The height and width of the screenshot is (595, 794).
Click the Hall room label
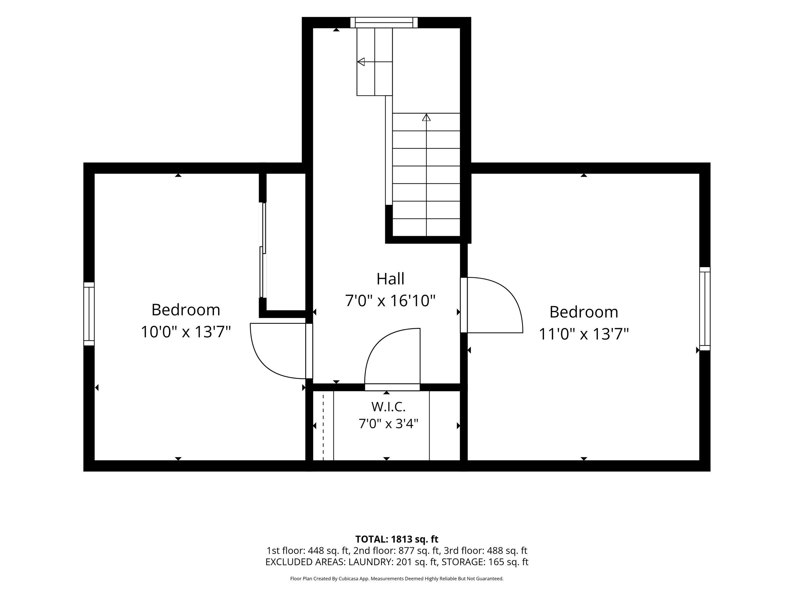click(x=390, y=279)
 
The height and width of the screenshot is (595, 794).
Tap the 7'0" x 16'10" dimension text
click(x=390, y=301)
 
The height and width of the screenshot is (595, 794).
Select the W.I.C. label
click(x=388, y=407)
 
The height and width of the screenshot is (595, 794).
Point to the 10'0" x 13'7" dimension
click(x=185, y=332)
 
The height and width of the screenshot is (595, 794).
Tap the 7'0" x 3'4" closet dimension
click(x=388, y=424)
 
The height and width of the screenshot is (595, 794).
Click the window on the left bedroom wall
click(x=89, y=314)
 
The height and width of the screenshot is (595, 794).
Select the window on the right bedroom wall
click(x=705, y=308)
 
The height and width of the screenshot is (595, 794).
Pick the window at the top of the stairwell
click(x=384, y=23)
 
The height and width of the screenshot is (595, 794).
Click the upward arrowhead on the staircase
click(x=426, y=117)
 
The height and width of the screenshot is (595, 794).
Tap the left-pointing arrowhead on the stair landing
click(x=361, y=62)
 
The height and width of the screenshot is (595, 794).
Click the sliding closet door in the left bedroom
click(x=263, y=250)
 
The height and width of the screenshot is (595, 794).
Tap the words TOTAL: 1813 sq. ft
click(x=397, y=539)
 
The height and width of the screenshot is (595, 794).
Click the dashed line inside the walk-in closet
click(x=323, y=426)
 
